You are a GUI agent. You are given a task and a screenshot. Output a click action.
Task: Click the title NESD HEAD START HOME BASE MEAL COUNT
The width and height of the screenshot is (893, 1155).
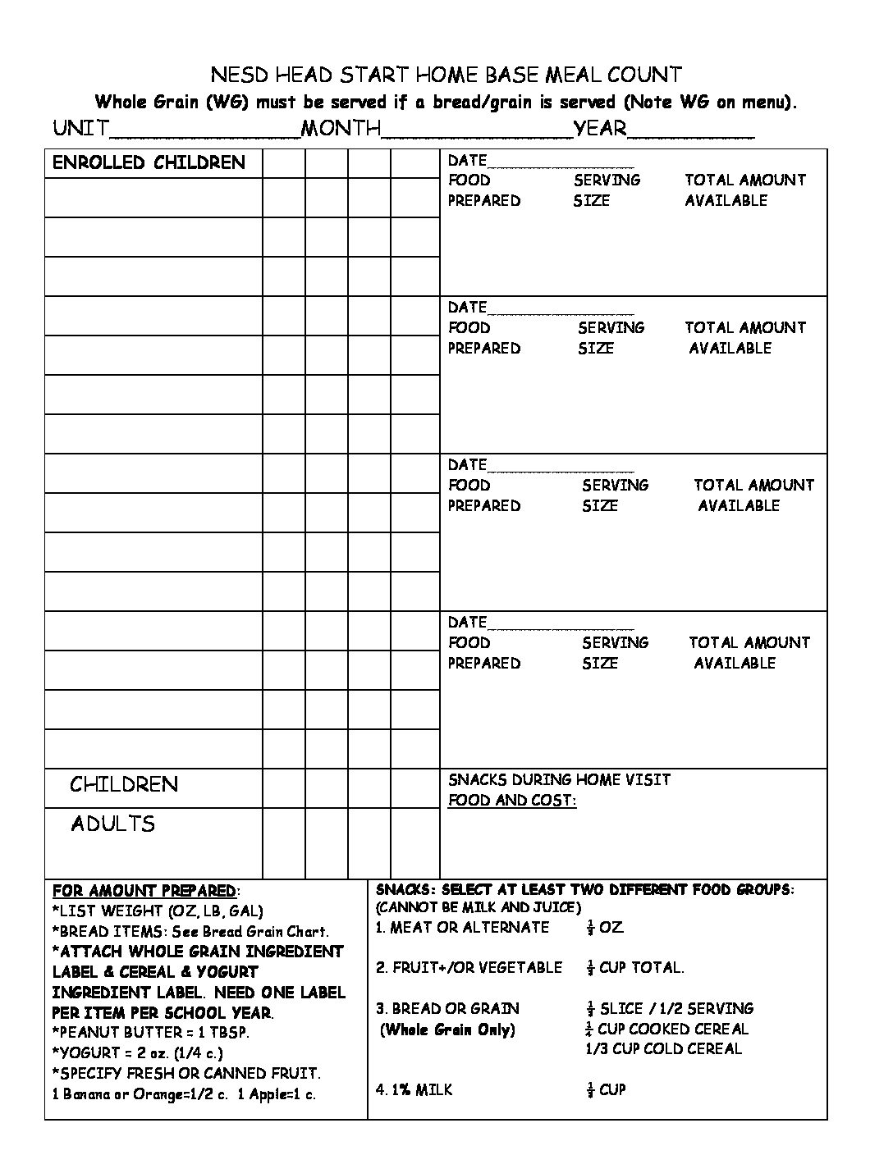(x=446, y=75)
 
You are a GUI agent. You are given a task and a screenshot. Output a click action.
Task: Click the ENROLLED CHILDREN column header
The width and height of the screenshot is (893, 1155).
(x=149, y=162)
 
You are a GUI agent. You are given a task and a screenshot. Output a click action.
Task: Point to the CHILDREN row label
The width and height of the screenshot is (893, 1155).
(x=123, y=784)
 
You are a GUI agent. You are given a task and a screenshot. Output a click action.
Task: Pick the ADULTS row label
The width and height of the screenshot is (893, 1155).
(x=112, y=824)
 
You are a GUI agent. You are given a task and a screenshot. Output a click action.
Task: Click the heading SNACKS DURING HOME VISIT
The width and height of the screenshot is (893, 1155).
(x=559, y=779)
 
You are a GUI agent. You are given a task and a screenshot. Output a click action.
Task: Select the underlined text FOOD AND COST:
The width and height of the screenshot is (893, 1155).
(x=511, y=801)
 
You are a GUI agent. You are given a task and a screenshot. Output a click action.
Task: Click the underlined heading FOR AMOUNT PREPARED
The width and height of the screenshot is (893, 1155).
(x=144, y=891)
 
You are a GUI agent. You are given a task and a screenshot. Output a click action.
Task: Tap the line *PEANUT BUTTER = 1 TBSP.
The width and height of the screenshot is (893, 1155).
(x=151, y=1033)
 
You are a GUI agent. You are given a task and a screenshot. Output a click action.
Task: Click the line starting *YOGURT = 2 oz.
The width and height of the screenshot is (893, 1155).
(x=137, y=1053)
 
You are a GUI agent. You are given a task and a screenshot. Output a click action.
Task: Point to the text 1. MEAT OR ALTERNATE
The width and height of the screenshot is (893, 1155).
(x=462, y=928)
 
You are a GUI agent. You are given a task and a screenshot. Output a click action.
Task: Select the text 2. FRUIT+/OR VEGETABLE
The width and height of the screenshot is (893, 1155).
(x=469, y=968)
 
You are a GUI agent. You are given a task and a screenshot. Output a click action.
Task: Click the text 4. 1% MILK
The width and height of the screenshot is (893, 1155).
(x=414, y=1090)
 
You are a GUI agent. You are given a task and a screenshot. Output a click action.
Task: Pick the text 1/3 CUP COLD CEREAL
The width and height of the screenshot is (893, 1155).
(x=663, y=1048)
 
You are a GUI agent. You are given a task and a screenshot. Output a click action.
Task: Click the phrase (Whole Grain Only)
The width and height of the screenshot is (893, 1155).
(x=447, y=1030)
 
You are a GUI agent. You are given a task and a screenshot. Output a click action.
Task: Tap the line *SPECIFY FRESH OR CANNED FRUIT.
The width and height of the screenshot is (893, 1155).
(x=186, y=1074)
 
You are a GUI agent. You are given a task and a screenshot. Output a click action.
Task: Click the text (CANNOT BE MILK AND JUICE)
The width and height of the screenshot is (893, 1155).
(x=478, y=907)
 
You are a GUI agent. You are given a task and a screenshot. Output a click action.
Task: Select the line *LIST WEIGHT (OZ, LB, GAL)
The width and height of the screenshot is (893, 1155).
(x=158, y=911)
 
